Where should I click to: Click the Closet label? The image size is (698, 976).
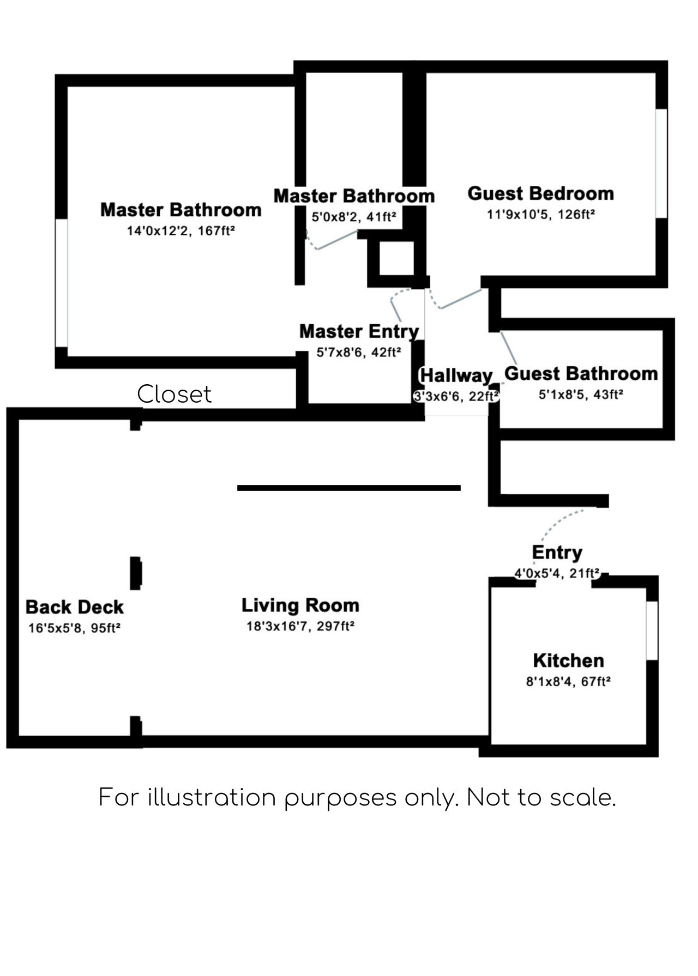[x=174, y=394]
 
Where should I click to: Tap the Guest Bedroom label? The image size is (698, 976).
[x=540, y=193]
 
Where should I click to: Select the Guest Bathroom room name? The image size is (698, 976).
[x=581, y=374]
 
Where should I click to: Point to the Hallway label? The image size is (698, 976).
[x=456, y=375]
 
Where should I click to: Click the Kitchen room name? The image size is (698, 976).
[x=568, y=660]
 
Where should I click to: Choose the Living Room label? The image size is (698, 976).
[x=300, y=605]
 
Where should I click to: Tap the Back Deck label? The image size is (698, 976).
[x=74, y=607]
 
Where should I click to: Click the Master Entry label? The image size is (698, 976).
[x=359, y=331]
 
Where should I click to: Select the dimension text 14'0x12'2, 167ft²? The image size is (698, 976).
[x=180, y=231]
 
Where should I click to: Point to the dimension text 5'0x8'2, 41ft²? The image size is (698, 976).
[x=353, y=217]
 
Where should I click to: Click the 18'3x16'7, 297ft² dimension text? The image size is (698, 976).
[x=300, y=626]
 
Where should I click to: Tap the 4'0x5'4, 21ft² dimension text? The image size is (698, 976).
[x=557, y=573]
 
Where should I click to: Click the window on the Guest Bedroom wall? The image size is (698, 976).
[x=661, y=163]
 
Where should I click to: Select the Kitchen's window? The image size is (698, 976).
[x=652, y=631]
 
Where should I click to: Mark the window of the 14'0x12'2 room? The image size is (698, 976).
[x=62, y=282]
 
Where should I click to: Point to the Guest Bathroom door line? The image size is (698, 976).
[x=509, y=348]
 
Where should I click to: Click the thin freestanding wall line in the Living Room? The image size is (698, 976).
[x=349, y=488]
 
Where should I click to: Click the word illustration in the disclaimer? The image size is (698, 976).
[x=212, y=798]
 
